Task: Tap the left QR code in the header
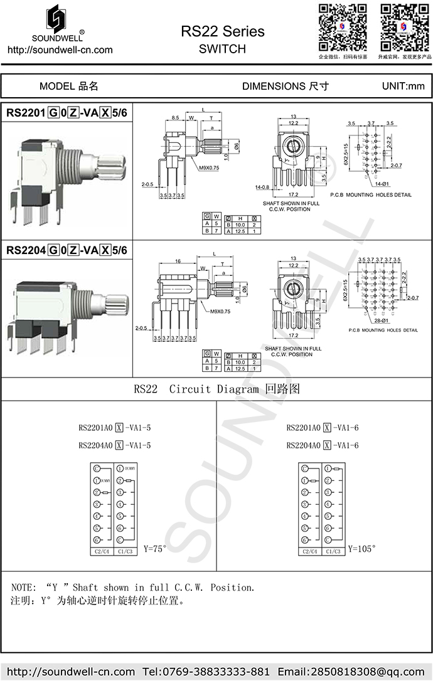(342, 27)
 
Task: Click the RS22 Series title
(222, 31)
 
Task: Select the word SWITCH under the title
(222, 49)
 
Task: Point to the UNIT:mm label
(403, 86)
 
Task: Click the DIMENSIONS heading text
(285, 86)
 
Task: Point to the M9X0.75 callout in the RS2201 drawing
(208, 168)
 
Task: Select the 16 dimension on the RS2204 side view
(178, 260)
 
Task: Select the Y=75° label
(156, 549)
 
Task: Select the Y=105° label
(362, 548)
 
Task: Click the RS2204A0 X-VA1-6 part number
(323, 445)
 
